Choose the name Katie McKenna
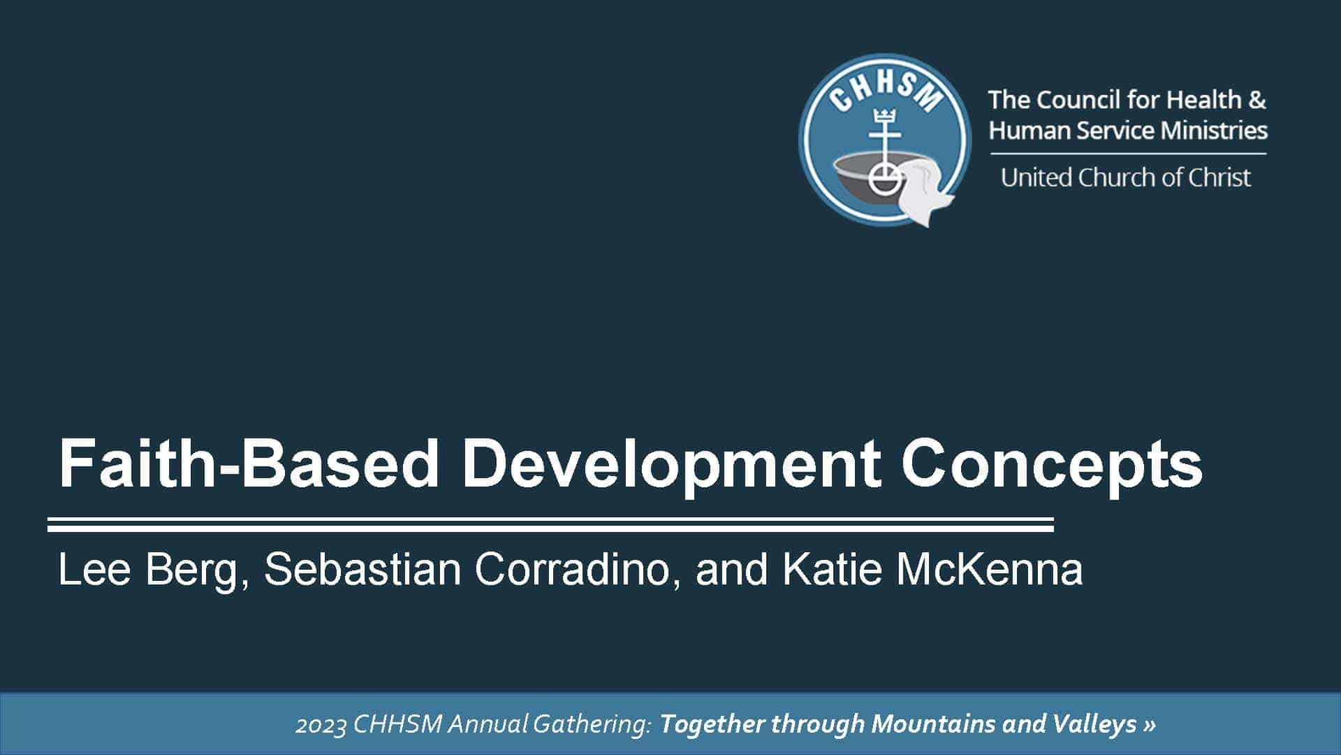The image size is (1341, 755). click(932, 569)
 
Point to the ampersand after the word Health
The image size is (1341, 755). click(1256, 100)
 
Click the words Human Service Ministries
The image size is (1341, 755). click(1128, 131)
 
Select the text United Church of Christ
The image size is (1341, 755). click(1125, 178)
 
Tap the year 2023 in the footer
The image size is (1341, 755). click(321, 725)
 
